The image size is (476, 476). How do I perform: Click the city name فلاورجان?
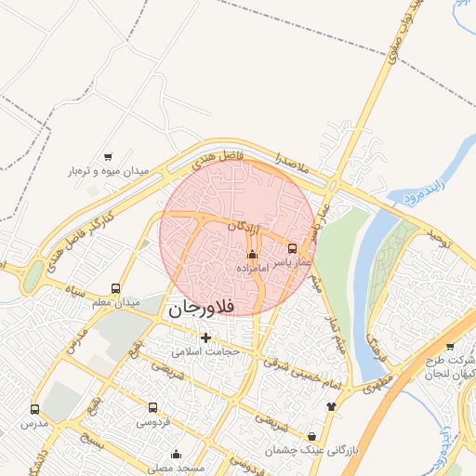coord(204,308)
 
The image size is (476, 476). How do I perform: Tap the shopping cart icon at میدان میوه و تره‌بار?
coord(109,157)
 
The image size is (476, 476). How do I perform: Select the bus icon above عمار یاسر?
coord(293,248)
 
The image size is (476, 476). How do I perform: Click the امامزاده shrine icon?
coord(251,254)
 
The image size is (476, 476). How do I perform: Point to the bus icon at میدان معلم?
coord(115,288)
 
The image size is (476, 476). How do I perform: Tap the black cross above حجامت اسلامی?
coord(205,337)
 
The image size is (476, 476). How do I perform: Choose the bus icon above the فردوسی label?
coord(152,407)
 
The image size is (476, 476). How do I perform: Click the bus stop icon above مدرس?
coord(35,409)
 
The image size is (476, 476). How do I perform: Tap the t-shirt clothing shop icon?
coord(330,407)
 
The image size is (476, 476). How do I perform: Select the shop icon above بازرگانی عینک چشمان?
coord(311,435)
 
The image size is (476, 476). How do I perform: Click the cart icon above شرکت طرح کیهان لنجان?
coord(451,347)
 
